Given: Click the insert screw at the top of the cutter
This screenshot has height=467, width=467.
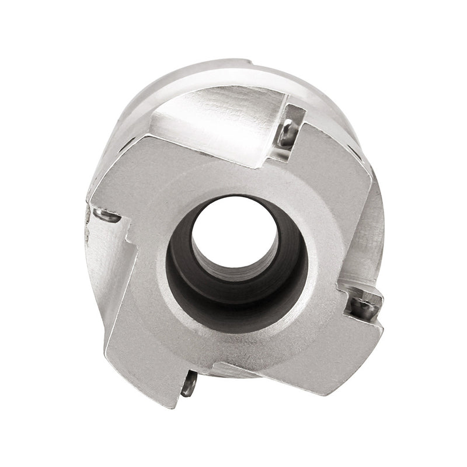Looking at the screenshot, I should [x=287, y=134].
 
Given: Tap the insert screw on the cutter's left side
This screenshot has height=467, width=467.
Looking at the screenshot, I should [x=107, y=217].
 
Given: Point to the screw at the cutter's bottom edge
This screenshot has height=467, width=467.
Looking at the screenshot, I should [x=189, y=386].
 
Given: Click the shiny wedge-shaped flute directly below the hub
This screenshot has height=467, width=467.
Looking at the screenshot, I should [x=233, y=371].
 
